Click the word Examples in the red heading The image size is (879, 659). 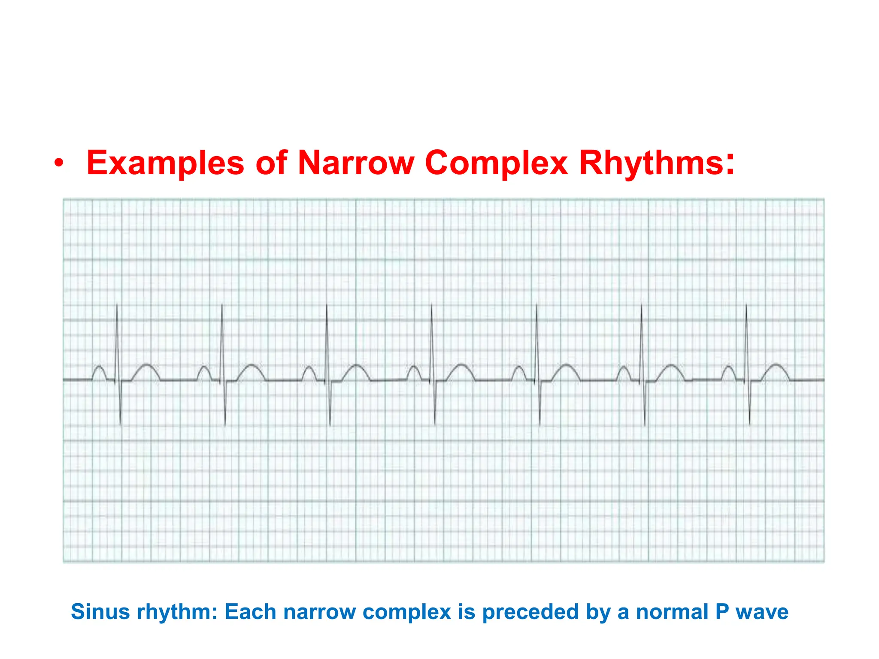coord(165,163)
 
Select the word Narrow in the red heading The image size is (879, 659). coord(356,163)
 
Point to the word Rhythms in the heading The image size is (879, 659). coord(657,163)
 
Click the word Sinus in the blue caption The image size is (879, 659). coord(100,611)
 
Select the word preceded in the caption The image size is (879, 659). coord(531,612)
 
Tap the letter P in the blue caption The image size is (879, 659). coord(722,611)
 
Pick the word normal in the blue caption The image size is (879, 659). coord(672,611)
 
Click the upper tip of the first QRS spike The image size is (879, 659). coord(117,305)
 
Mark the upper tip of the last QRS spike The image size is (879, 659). coord(746,305)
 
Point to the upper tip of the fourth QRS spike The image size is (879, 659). coord(431,305)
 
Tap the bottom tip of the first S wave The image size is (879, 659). coord(120,424)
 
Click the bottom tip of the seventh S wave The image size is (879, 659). coord(749,424)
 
